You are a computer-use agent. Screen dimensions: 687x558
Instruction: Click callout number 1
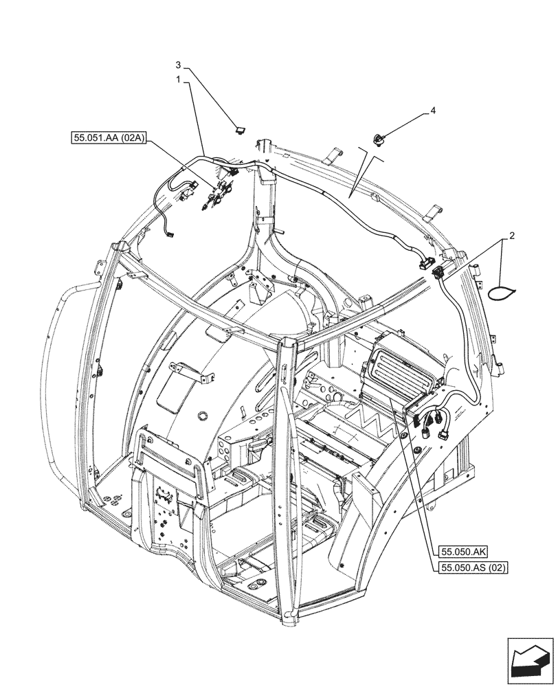(178, 80)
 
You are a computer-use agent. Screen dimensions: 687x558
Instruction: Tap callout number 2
(511, 235)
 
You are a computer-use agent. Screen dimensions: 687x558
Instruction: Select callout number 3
(178, 65)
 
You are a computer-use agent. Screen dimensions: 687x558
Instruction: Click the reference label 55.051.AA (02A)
(109, 138)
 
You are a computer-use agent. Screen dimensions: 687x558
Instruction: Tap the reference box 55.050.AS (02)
(471, 567)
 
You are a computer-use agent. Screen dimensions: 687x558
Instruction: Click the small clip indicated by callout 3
(239, 128)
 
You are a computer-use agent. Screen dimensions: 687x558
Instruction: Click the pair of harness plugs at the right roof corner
(429, 267)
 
